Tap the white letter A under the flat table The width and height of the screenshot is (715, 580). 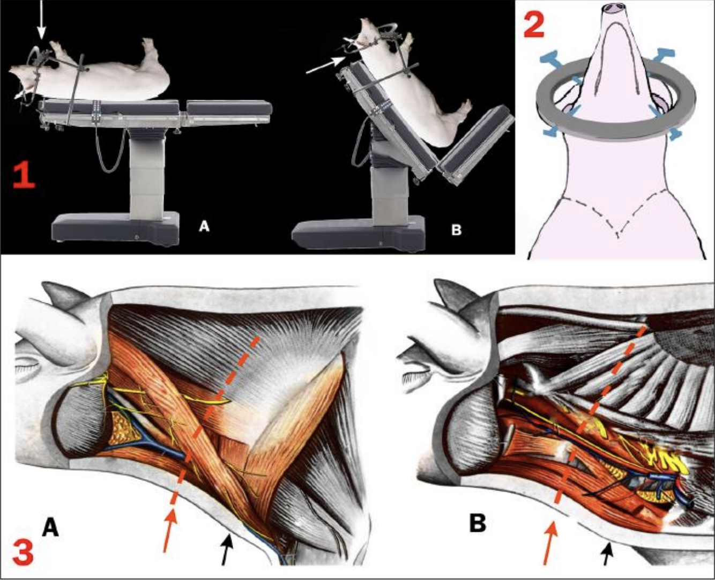tap(204, 227)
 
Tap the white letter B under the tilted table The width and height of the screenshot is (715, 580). tap(456, 231)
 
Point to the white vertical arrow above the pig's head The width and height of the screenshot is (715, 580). tap(40, 19)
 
